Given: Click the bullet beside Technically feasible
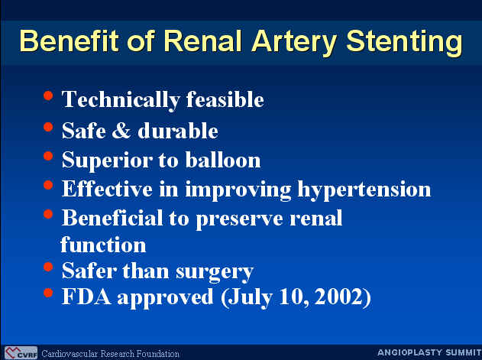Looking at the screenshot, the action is (48, 96).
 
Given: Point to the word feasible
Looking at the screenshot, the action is (225, 99).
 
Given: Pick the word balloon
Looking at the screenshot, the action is (223, 160).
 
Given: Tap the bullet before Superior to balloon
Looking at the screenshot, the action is (48, 156).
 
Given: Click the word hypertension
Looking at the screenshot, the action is (364, 190).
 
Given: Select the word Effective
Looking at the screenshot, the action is (107, 188).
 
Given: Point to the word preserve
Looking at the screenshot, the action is (239, 219).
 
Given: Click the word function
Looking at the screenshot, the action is (103, 245).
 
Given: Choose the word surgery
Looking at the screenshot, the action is (214, 272).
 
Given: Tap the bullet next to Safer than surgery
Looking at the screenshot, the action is (48, 267).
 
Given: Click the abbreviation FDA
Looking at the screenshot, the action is (86, 297).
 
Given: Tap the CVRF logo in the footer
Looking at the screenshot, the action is (21, 353).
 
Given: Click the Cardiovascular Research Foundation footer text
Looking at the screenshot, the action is (110, 354).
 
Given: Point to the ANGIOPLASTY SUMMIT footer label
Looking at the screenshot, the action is (429, 352).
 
